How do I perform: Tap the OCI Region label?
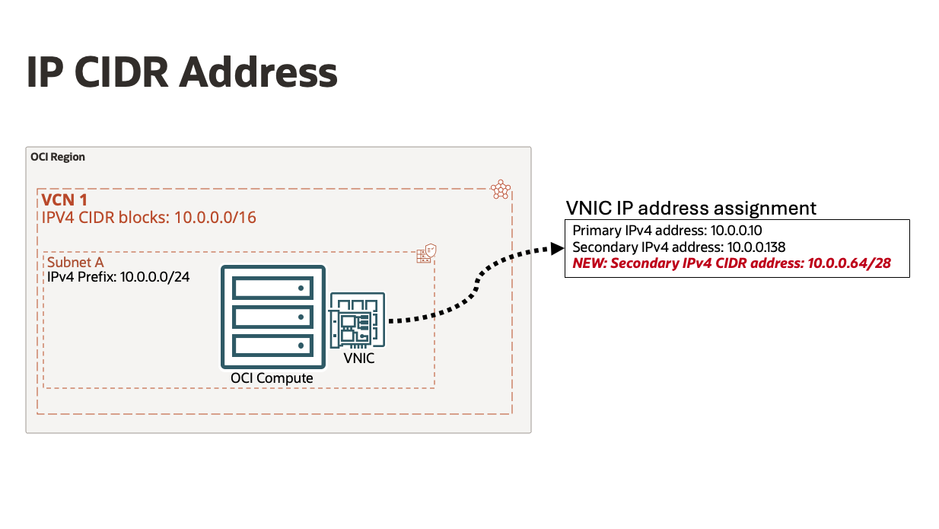coord(58,157)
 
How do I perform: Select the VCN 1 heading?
coord(65,202)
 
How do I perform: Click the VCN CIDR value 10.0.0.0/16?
coord(215,218)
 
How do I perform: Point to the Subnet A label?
coord(75,262)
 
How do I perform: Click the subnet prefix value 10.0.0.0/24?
coord(154,276)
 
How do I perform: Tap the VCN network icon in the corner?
coord(500,190)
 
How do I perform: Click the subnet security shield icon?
coord(425,254)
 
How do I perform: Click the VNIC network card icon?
coord(357,320)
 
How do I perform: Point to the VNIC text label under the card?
coord(358,358)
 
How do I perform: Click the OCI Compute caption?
coord(272,378)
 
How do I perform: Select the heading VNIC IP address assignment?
coord(691,208)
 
